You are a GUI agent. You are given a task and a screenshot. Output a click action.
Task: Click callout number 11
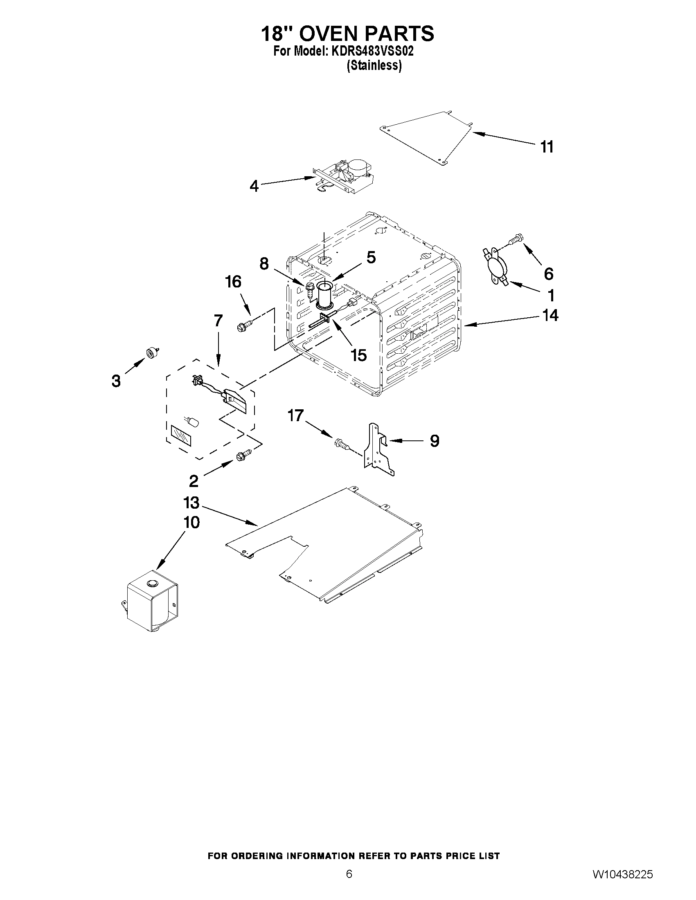pos(547,147)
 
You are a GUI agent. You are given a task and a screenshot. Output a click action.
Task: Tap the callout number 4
pos(254,186)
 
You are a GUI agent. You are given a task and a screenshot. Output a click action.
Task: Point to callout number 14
pos(550,315)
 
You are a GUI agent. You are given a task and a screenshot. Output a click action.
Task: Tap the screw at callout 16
pos(243,326)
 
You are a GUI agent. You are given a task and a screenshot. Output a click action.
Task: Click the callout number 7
pos(218,321)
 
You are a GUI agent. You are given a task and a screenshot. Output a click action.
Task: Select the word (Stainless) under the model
pos(374,65)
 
